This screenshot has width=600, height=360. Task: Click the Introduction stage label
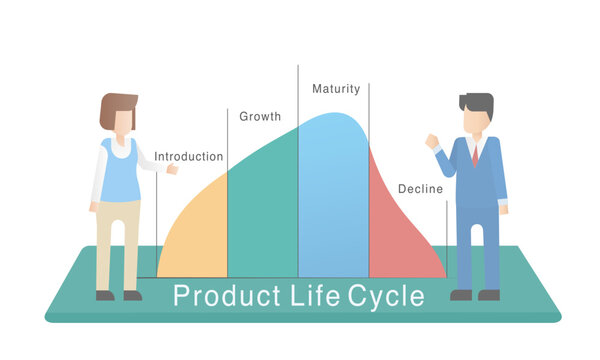click(x=188, y=157)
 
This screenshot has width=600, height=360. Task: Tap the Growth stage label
click(x=260, y=117)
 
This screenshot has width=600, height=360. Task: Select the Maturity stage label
click(x=336, y=89)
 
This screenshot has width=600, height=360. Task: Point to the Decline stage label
click(x=420, y=189)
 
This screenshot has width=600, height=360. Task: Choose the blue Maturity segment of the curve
click(x=333, y=200)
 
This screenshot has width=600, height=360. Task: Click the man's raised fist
click(x=432, y=141)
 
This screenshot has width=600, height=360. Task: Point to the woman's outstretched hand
click(x=172, y=169)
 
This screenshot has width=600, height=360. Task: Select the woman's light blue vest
click(x=121, y=171)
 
